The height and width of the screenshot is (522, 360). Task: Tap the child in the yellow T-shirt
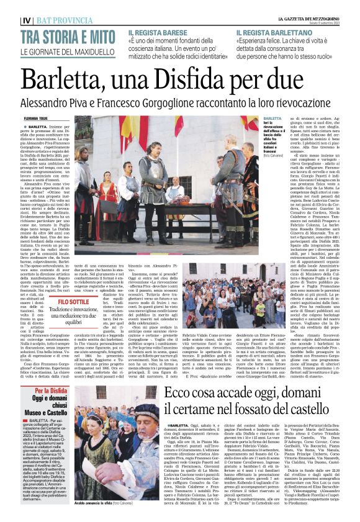[261, 310]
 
